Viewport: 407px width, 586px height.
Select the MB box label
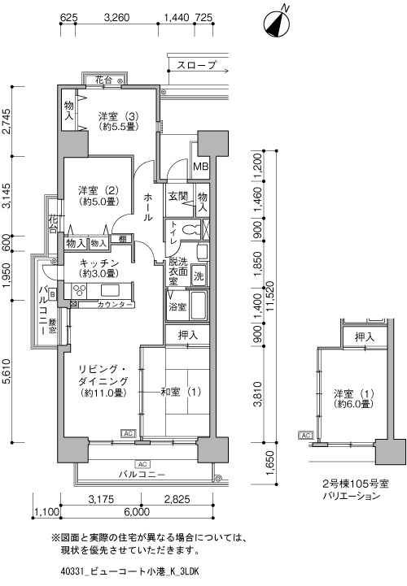point(200,167)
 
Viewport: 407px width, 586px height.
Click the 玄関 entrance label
point(178,197)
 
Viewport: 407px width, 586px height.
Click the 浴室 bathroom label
point(177,306)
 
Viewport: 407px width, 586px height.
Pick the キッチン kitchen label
point(99,263)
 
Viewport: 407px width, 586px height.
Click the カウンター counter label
point(115,304)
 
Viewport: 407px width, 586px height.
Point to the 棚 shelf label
point(121,239)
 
